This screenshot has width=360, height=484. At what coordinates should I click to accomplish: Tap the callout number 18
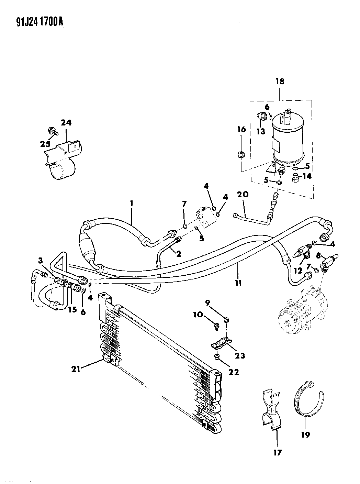pos(280,81)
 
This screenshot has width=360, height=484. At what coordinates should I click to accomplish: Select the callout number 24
pos(66,122)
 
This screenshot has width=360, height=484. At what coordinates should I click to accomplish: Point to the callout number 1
pos(131,203)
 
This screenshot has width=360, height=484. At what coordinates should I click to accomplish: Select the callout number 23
pos(240,355)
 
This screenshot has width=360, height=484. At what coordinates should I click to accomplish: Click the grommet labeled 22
pos(217,358)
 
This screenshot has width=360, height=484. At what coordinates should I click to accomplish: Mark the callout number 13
pos(261,131)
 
